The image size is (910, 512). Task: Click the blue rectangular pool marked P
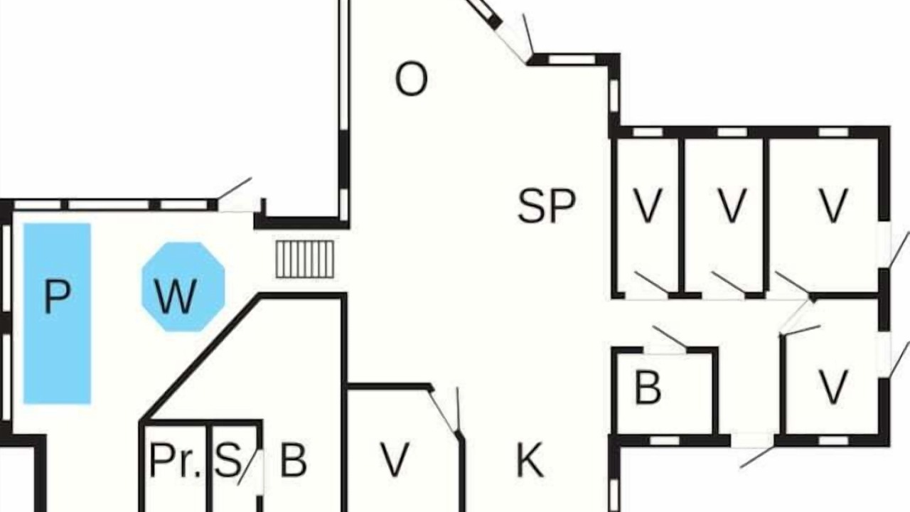point(57,314)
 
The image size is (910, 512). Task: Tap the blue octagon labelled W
point(183,287)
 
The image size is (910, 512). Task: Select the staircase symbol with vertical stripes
point(305,260)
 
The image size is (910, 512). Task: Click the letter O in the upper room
point(411,79)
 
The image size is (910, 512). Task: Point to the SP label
point(547,206)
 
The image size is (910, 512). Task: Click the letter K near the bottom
point(530,460)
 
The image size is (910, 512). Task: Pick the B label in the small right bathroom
point(648,388)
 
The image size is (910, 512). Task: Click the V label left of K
point(395,460)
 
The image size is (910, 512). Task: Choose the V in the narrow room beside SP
point(648,206)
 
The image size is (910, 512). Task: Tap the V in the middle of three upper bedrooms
point(732,206)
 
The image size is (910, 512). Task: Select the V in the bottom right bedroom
point(833,388)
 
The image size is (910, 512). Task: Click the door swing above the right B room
point(670,336)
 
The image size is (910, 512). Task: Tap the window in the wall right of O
point(614,96)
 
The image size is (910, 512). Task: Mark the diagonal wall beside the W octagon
point(201,358)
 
